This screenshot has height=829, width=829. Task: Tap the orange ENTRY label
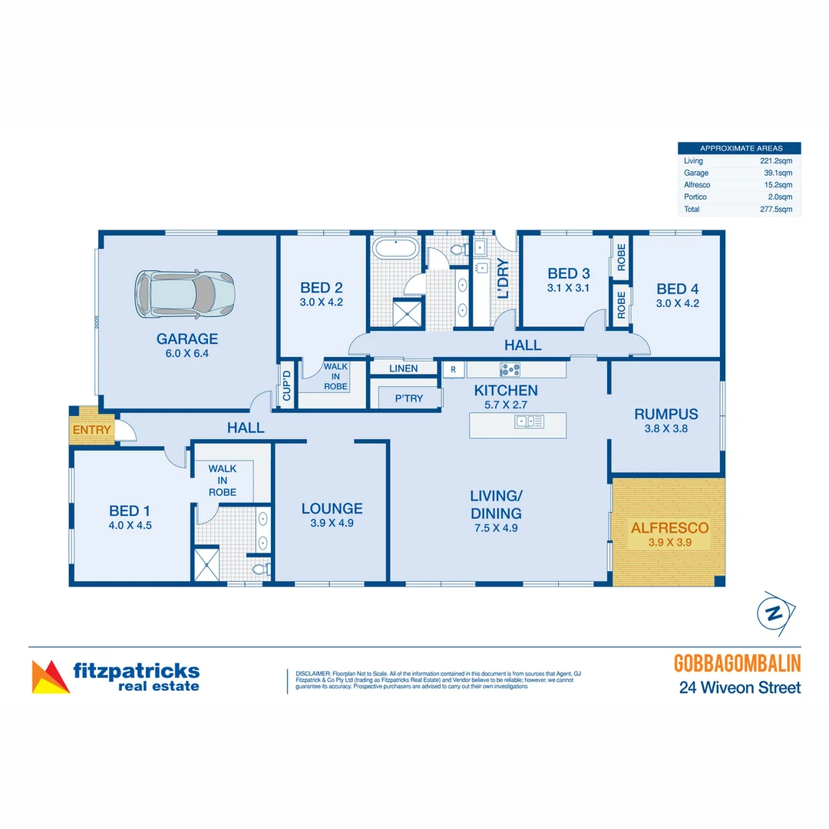point(91,430)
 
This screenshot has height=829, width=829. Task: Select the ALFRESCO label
point(669,528)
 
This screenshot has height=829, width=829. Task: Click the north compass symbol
point(775,613)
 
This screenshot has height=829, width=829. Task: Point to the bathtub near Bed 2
point(395,249)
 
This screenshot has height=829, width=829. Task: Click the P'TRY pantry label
point(408,398)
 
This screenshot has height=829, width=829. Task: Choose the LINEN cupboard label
point(403,368)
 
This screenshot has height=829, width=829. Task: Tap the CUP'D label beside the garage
point(287,386)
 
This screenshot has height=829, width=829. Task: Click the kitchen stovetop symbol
point(510,369)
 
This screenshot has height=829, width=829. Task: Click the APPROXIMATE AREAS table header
point(738,148)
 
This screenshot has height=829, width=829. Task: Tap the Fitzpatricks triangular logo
point(50,677)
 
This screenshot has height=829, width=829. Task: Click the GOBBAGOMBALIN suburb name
point(737,663)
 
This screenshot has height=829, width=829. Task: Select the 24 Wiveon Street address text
point(739,688)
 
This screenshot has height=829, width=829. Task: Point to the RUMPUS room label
point(666,414)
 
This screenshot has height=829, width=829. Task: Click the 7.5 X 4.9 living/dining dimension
point(497,528)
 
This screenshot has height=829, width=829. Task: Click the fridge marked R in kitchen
point(453,369)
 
